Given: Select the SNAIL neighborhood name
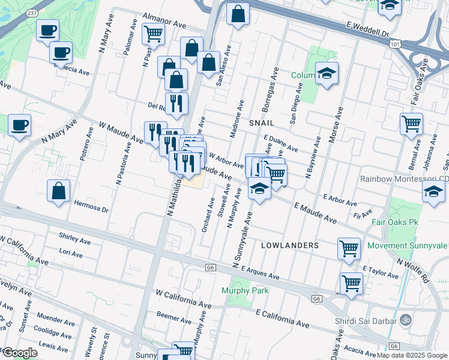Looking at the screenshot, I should [261, 122].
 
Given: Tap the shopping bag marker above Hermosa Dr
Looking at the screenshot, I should [58, 191].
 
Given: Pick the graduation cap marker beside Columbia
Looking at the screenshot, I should [327, 73].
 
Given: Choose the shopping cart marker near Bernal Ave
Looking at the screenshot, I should [412, 124].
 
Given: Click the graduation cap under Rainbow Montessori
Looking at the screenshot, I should [433, 192].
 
